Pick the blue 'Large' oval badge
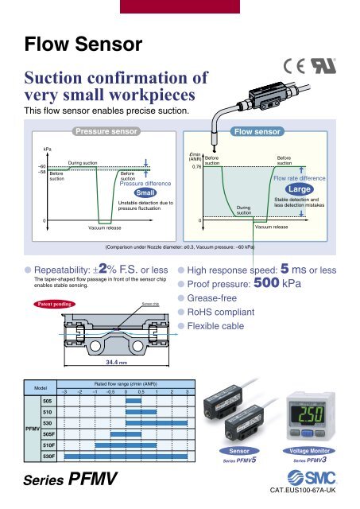[300, 191]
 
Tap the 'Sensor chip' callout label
[151, 303]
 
